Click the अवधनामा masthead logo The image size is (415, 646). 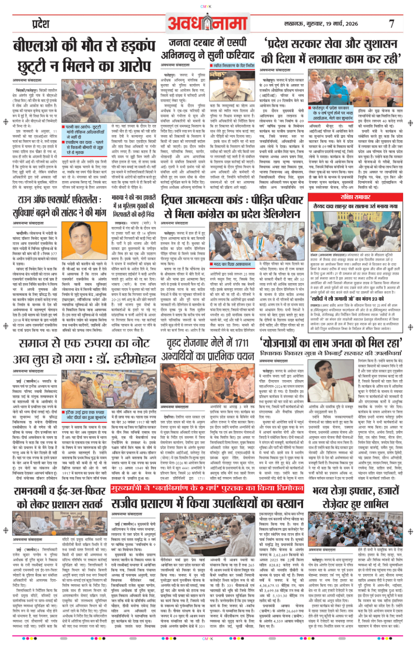[207, 23]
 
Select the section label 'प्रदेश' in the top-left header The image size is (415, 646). [40, 24]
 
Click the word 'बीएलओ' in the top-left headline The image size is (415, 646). [35, 47]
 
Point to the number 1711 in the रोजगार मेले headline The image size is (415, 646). [242, 343]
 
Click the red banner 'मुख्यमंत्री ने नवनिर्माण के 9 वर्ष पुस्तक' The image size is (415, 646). [207, 489]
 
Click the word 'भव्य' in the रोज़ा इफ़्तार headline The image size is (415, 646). [323, 490]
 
